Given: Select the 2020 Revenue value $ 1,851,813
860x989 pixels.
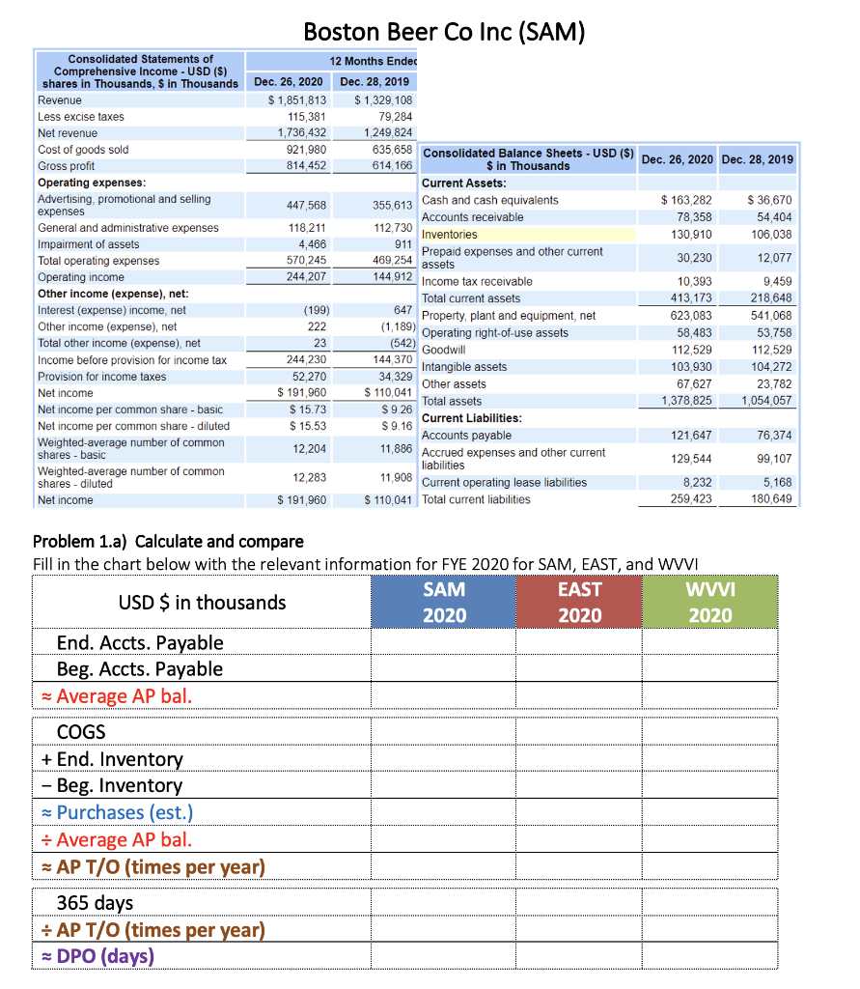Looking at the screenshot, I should (297, 100).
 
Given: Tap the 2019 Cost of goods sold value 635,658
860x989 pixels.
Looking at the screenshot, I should (386, 150).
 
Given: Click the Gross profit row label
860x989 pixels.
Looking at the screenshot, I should (67, 166).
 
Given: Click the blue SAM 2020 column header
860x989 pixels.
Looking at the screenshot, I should (444, 602).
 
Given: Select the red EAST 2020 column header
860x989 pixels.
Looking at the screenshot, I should (579, 602).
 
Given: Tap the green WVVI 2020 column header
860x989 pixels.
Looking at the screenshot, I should (709, 602).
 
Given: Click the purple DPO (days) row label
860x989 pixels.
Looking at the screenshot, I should (105, 956).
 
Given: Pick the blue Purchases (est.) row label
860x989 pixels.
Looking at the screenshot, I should (125, 812).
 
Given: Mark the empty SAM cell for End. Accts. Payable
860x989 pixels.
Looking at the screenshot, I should (444, 642).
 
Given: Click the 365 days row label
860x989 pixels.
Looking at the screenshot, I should (95, 902).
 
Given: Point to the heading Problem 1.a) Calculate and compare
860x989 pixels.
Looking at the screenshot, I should (168, 541).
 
